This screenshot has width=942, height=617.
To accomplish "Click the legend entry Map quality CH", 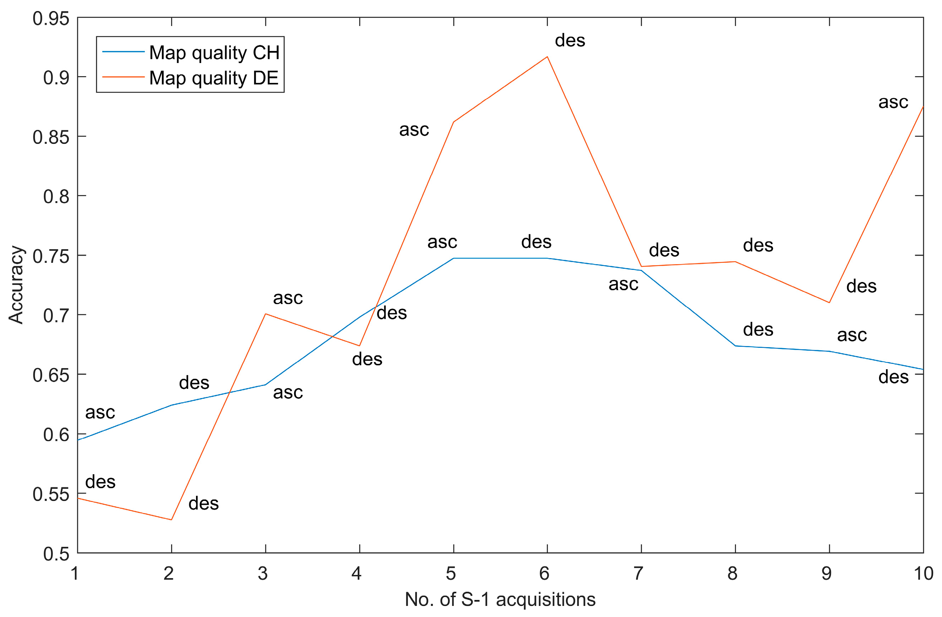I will [214, 53].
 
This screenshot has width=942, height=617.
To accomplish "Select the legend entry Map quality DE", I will [214, 78].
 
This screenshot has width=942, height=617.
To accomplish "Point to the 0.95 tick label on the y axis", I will [51, 19].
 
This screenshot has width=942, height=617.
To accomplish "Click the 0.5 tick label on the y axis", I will [56, 554].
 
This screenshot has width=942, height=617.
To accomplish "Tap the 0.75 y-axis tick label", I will [51, 257].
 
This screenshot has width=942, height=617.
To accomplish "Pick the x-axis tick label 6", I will [544, 574].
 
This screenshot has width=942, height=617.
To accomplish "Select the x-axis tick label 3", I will [263, 574].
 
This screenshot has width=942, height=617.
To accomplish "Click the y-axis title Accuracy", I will [16, 285].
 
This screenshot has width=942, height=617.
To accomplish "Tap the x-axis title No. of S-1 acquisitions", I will [500, 599].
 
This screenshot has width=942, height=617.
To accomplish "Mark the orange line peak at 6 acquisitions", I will [547, 57].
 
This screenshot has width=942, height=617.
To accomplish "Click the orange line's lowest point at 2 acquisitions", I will [171, 519].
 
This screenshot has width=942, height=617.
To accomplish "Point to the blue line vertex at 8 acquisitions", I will [735, 346].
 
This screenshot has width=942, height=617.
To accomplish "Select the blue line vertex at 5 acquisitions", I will [453, 258].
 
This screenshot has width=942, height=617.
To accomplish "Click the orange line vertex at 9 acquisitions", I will [829, 303].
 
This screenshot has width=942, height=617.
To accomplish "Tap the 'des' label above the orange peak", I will [570, 40].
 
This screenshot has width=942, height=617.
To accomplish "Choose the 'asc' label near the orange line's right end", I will [893, 102].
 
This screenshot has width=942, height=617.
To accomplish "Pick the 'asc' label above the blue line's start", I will [100, 413].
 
